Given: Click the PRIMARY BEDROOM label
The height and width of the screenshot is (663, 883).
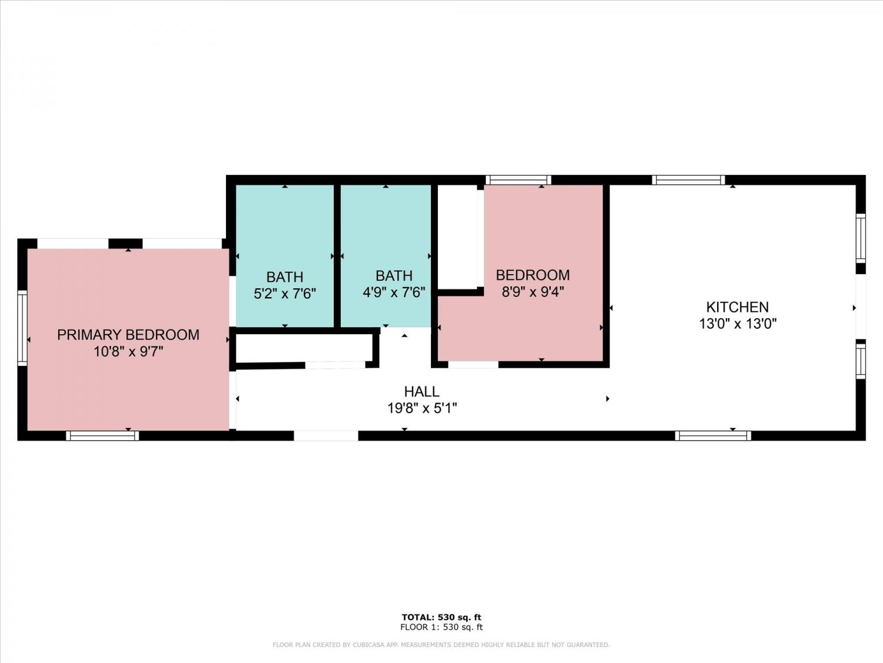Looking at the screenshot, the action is (x=128, y=335).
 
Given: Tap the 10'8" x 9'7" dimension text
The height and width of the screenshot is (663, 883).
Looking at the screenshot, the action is (x=128, y=351).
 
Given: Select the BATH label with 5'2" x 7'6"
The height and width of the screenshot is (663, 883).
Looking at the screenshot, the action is (x=285, y=277).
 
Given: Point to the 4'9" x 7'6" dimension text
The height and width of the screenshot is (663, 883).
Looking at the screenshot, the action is (x=394, y=292).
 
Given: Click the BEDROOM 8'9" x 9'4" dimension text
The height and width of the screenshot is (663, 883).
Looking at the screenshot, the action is (x=533, y=292).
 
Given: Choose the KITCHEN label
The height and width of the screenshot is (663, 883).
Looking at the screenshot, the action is (x=738, y=307).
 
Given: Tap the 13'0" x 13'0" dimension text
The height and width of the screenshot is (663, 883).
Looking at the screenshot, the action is (x=738, y=324).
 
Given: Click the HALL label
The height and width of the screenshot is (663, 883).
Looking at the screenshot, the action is (x=421, y=391).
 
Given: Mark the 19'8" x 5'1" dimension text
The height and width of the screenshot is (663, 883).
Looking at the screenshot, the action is (x=422, y=408).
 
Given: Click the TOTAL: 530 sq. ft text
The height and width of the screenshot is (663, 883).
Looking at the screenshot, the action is (x=441, y=617).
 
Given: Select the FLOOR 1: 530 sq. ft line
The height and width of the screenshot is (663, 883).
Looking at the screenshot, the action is (x=441, y=627).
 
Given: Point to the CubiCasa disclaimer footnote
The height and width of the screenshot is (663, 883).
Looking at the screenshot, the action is (x=441, y=645).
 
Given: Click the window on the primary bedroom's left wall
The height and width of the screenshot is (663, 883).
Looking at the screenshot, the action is (x=22, y=328).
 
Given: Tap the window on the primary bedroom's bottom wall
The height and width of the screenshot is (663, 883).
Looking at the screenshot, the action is (x=102, y=436).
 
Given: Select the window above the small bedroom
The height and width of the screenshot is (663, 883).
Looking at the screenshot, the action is (x=518, y=180).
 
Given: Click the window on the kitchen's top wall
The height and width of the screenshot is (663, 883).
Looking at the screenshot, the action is (x=688, y=180).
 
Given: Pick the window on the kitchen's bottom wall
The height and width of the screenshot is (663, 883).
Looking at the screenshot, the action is (x=713, y=436).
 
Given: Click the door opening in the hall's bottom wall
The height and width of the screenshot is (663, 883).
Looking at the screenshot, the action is (x=326, y=436).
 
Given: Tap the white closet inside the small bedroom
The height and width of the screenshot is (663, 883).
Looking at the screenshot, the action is (x=457, y=237).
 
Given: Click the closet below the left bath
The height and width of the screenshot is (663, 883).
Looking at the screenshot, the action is (x=304, y=348).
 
